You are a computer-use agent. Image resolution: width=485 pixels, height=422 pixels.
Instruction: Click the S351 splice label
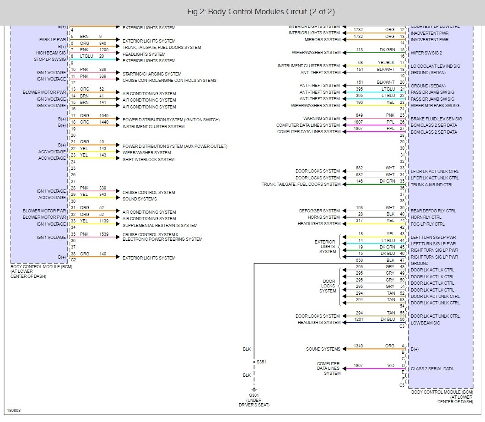[x=261, y=362]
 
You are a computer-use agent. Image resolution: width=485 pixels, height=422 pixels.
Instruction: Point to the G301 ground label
[x=253, y=395]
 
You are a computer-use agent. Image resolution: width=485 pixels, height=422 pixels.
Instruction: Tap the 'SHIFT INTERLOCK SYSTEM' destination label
[x=148, y=159]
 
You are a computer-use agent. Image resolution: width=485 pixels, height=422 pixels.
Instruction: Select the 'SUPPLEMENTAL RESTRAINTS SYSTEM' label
[x=160, y=225]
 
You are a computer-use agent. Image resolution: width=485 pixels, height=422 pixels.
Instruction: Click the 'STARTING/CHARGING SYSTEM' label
[x=152, y=74]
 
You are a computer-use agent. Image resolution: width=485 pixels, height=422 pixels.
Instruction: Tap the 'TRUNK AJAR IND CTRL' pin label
[x=432, y=185]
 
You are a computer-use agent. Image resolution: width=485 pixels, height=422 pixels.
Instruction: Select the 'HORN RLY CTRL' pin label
[x=426, y=217]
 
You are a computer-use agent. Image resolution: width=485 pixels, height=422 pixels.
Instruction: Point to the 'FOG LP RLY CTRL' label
[x=427, y=224]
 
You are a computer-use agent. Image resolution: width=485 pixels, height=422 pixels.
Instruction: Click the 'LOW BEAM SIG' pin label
[x=425, y=323]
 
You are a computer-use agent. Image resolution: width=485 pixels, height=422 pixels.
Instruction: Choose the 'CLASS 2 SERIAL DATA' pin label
[x=432, y=368]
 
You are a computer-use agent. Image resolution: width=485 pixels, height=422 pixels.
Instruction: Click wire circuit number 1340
[x=358, y=346]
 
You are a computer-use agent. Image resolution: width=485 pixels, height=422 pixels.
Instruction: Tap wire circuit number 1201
[x=358, y=319]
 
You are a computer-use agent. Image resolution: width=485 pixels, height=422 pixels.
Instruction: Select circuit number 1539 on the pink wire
[x=104, y=234]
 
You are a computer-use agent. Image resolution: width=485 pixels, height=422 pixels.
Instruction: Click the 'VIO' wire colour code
[x=390, y=366]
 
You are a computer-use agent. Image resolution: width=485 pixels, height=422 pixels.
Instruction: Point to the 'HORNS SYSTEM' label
[x=324, y=217]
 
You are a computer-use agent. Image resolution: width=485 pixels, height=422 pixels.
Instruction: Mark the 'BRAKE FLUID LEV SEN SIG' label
[x=436, y=119]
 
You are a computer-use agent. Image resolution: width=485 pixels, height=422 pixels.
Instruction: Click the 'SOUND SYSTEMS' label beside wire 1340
[x=323, y=349]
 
